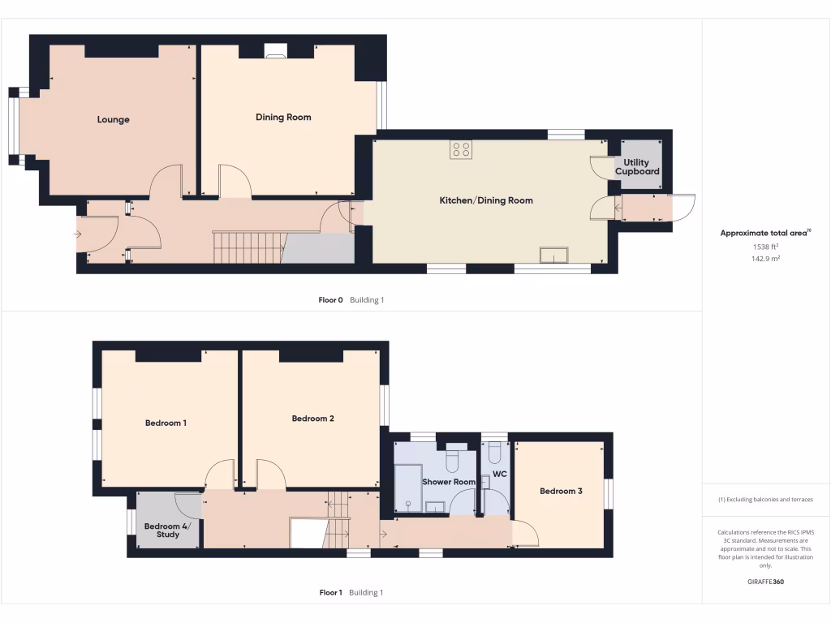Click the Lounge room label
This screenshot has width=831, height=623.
click(114, 120)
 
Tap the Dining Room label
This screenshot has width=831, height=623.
click(283, 118)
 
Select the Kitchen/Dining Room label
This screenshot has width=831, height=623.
click(486, 200)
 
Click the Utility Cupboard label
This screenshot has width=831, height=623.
click(637, 168)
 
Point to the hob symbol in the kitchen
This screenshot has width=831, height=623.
click(461, 149)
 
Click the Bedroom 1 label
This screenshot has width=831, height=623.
click(166, 423)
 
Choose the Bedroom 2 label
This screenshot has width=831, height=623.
click(313, 419)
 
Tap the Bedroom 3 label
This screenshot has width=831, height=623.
click(561, 491)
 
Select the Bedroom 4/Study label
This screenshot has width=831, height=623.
click(162, 531)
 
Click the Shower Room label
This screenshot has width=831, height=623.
click(449, 482)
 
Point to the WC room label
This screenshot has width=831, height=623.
click(500, 474)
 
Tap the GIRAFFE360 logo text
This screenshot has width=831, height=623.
click(765, 582)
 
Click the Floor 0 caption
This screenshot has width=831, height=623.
click(330, 300)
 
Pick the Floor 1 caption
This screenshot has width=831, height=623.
click(330, 593)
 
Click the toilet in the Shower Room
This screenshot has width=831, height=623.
click(453, 460)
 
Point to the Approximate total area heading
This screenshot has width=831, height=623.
click(764, 233)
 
